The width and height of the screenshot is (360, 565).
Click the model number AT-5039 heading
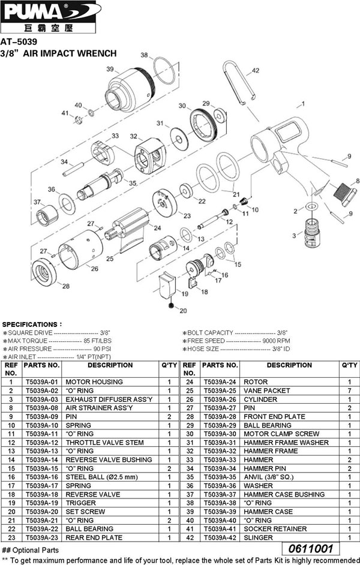click(19, 42)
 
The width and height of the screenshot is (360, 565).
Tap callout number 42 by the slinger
click(255, 70)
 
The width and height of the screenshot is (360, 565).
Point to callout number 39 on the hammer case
click(110, 70)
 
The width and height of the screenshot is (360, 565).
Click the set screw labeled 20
click(173, 306)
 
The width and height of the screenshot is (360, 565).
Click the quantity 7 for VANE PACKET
click(349, 390)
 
